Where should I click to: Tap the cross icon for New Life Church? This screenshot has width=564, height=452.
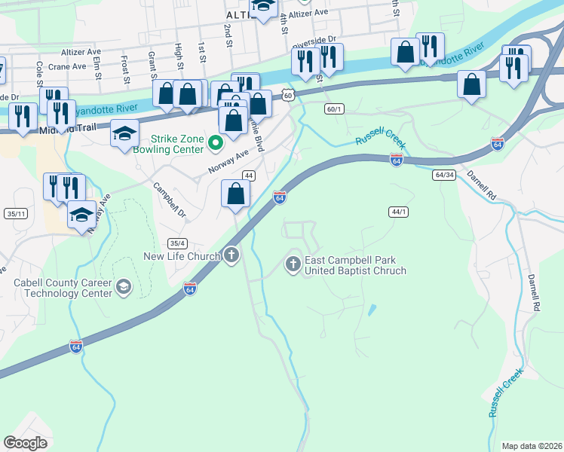coord(231,256)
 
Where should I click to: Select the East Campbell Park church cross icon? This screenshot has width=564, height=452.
coord(293,264)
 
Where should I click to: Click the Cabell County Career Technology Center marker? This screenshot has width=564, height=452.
coord(123,287)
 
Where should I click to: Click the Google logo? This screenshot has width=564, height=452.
coord(25,443)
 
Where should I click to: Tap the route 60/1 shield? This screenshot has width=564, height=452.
coord(334,109)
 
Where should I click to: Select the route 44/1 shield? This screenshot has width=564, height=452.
coord(399,212)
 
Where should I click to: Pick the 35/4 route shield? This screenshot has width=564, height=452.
coord(177,243)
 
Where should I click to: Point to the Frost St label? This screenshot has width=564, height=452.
coord(123,70)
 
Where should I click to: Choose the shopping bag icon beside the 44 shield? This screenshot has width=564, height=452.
coord(236,194)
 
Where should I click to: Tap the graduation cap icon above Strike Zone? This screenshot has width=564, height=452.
coord(124,135)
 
